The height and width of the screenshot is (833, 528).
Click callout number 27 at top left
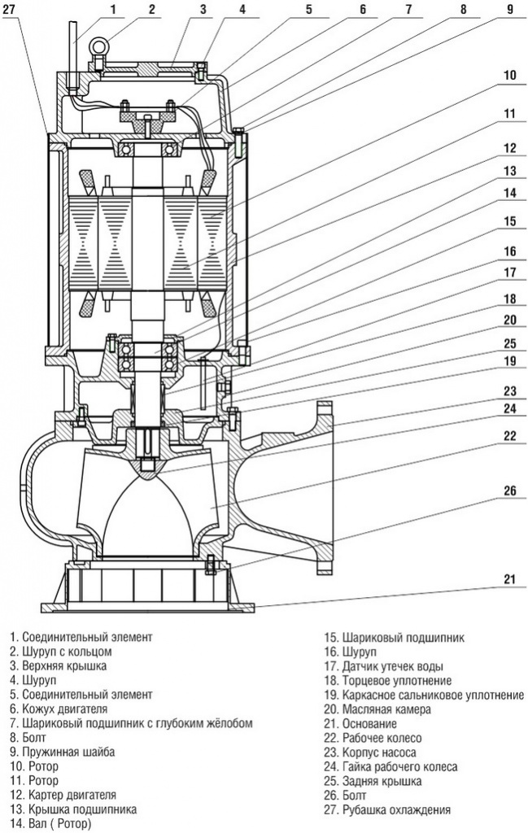pos(11,8)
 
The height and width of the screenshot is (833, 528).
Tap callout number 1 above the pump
pos(113,8)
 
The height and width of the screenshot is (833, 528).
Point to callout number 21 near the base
pos(509,579)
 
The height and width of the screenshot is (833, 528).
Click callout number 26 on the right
pos(509,490)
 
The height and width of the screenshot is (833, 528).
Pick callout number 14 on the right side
pos(509,194)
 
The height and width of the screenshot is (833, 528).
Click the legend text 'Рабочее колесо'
pos(382,738)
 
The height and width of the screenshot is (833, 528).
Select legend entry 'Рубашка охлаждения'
pos(397,810)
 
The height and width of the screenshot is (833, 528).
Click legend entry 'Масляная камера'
pos(386,709)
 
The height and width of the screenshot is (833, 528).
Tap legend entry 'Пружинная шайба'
pos(68,752)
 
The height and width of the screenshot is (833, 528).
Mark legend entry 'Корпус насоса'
pos(379,752)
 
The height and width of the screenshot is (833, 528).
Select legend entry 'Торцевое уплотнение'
pos(397,681)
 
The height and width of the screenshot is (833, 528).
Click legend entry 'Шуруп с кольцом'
pos(67,652)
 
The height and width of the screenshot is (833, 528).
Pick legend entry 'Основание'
pos(369,723)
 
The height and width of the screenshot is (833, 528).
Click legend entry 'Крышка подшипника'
pos(79,809)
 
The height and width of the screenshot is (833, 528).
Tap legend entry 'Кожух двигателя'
pos(65,709)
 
